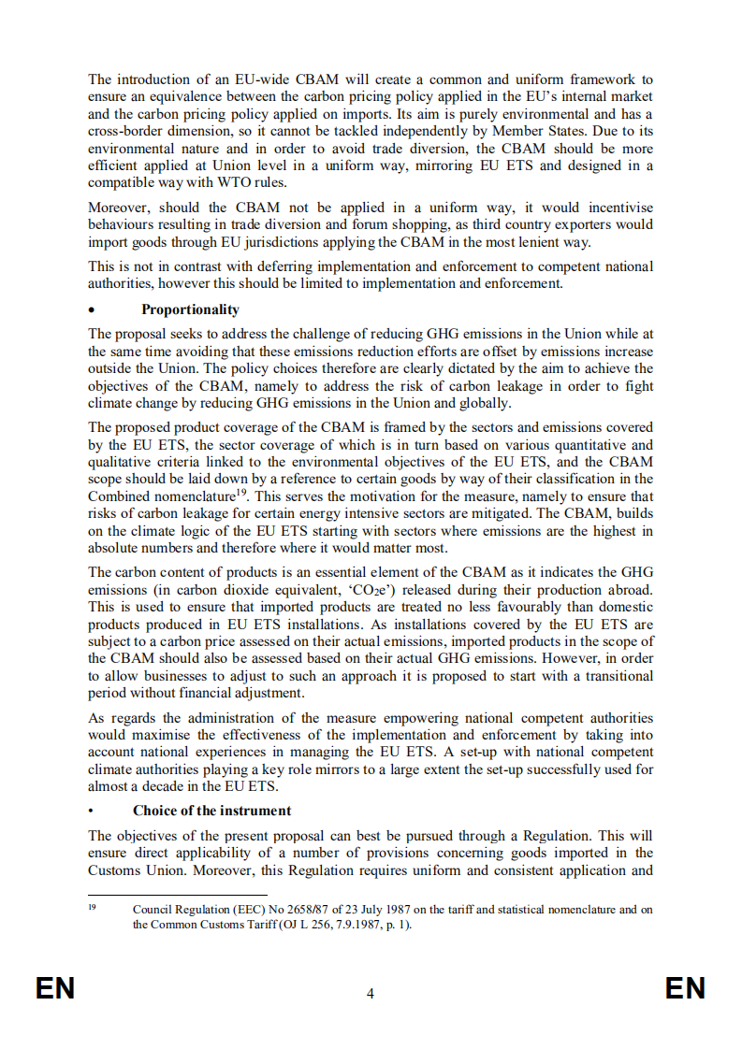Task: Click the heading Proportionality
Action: [190, 309]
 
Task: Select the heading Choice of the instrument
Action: [211, 811]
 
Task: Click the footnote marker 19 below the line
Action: [93, 907]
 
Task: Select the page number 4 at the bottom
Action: [371, 994]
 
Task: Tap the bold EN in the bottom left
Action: [54, 989]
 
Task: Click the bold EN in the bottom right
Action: [685, 989]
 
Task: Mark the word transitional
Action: [613, 676]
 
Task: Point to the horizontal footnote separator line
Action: [158, 895]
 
